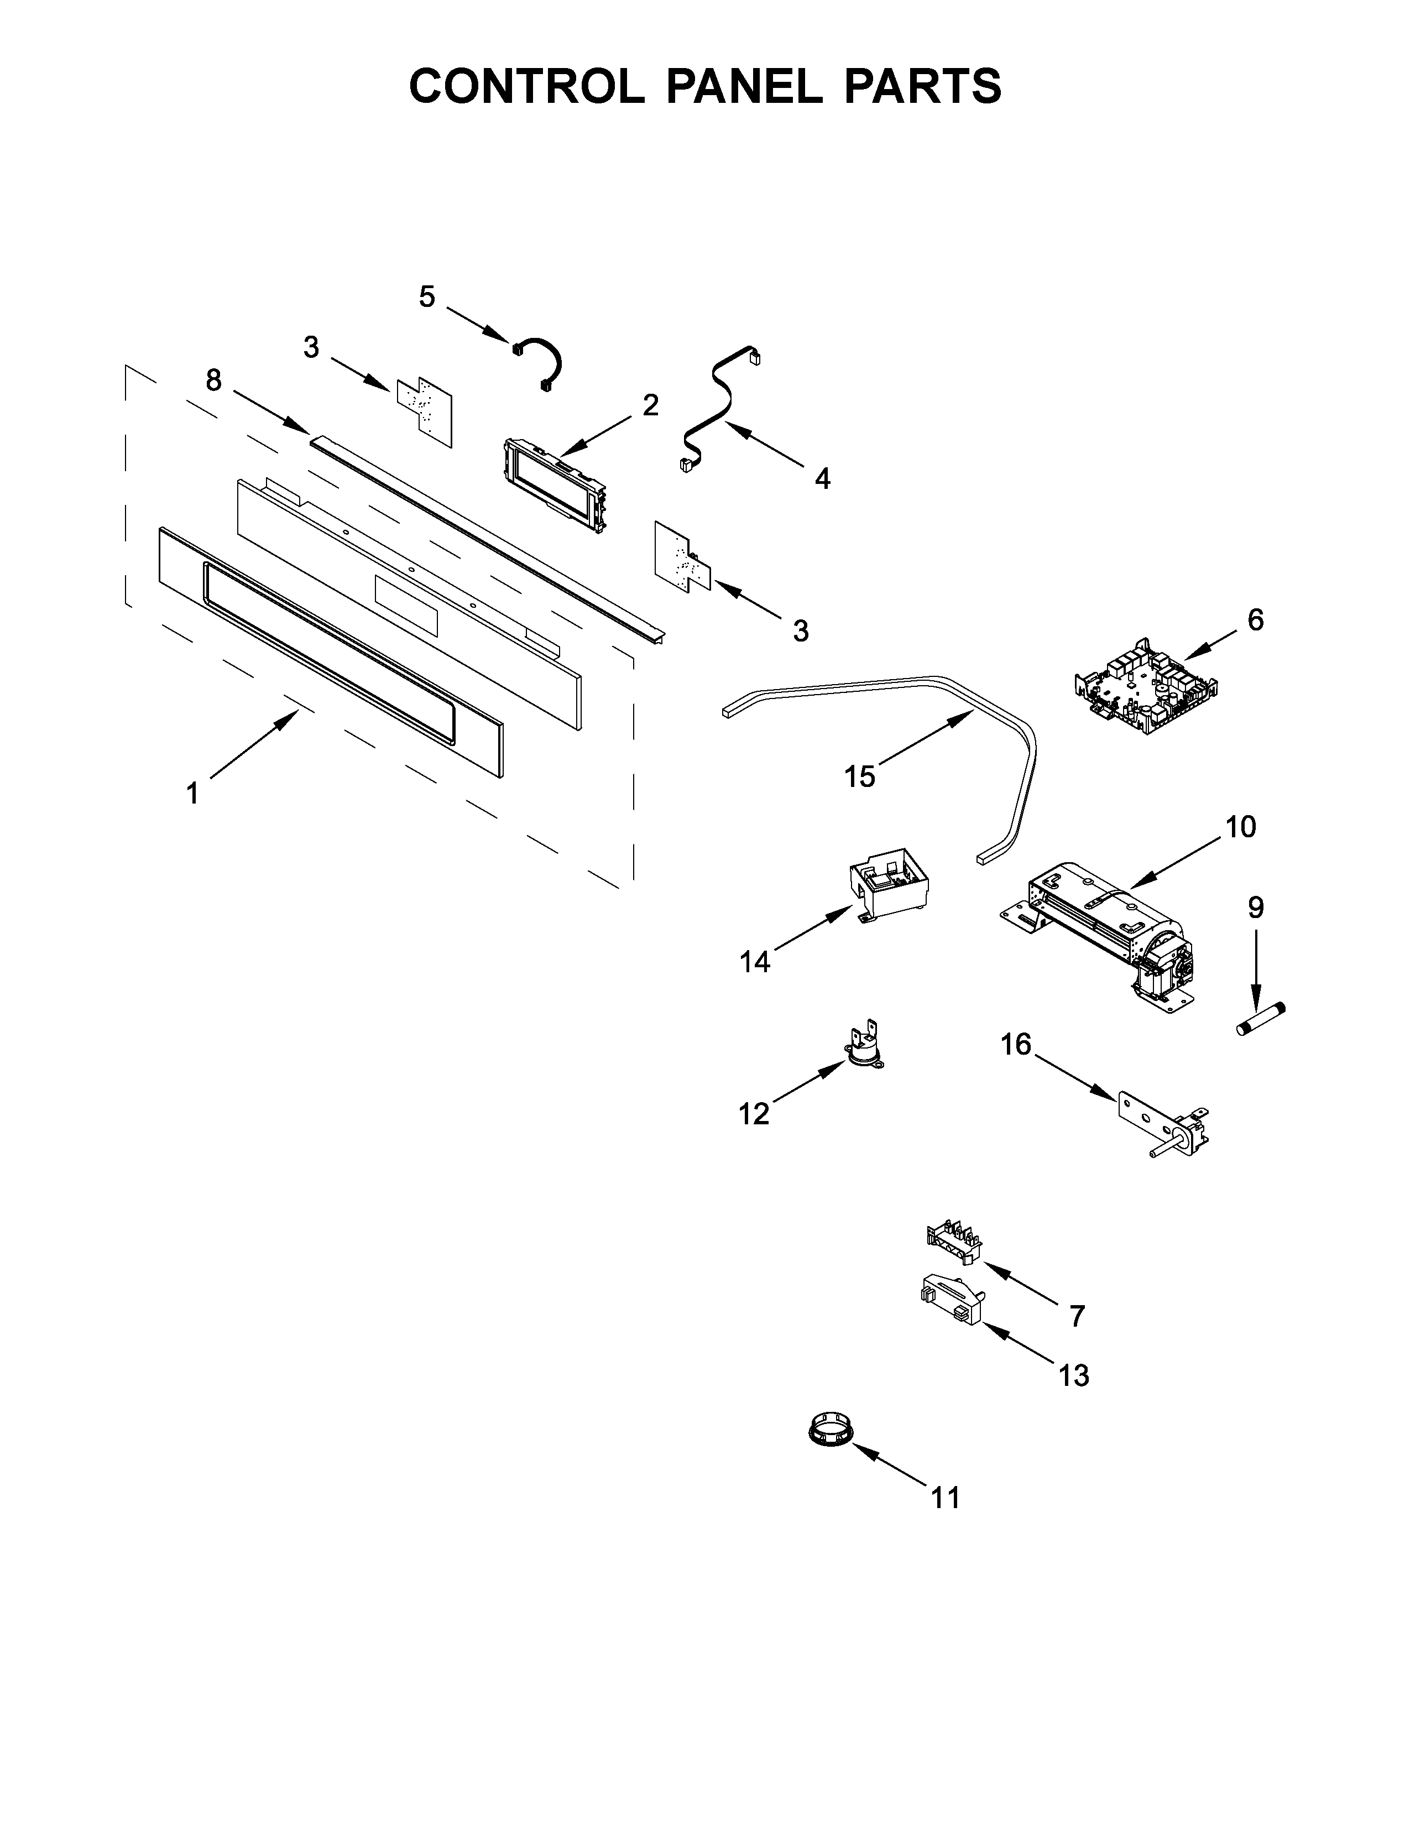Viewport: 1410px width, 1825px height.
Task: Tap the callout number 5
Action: pyautogui.click(x=427, y=296)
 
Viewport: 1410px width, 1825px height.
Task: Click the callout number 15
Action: pyautogui.click(x=859, y=776)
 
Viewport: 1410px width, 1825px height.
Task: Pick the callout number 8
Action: pyautogui.click(x=214, y=380)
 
